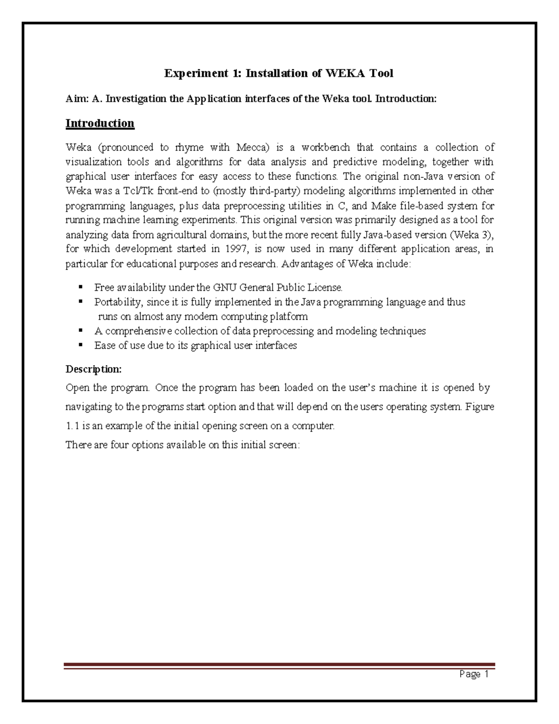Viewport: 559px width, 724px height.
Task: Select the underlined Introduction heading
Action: click(100, 124)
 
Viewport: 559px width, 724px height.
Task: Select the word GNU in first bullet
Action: click(224, 288)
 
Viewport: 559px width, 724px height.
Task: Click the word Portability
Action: click(117, 302)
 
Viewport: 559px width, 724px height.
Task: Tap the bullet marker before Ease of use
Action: click(81, 345)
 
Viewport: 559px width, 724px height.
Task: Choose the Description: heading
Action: click(94, 369)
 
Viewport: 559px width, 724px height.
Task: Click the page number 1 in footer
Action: click(486, 675)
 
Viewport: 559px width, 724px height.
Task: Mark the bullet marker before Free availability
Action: click(81, 287)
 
